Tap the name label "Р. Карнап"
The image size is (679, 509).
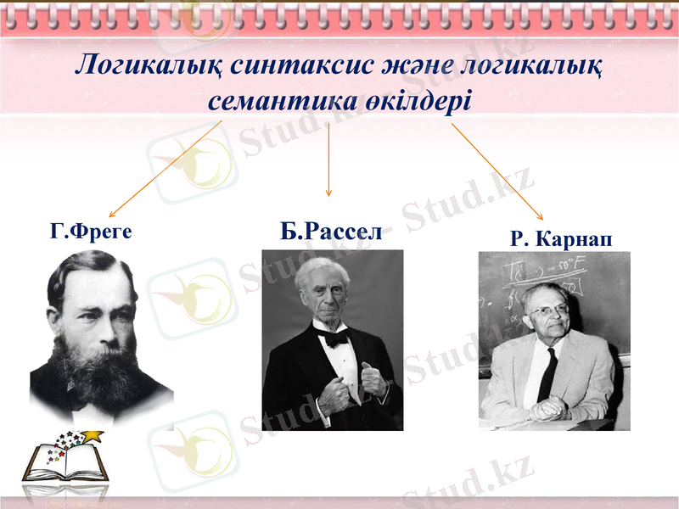click(x=560, y=240)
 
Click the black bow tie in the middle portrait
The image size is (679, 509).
click(x=334, y=338)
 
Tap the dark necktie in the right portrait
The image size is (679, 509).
click(x=547, y=373)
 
